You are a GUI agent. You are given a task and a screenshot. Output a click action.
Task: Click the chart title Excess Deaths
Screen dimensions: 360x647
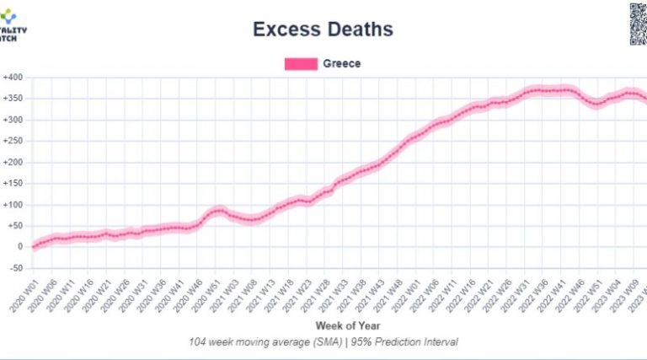click(x=323, y=30)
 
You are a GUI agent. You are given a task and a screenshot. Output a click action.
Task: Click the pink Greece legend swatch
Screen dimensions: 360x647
click(x=301, y=63)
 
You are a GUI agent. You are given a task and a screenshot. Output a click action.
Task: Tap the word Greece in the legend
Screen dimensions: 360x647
click(x=341, y=63)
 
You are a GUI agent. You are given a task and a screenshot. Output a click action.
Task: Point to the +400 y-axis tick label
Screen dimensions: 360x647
click(x=11, y=78)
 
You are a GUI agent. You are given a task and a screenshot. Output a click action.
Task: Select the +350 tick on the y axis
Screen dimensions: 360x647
click(x=11, y=99)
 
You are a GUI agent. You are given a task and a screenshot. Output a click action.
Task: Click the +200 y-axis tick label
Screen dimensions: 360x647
click(x=11, y=162)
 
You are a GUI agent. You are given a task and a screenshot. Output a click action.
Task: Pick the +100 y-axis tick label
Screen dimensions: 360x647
click(x=11, y=204)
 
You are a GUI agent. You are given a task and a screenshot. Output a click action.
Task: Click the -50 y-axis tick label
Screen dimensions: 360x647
click(x=13, y=267)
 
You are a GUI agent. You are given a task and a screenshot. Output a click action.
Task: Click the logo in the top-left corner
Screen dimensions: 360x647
click(x=13, y=25)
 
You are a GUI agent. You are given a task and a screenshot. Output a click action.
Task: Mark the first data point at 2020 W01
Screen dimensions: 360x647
click(x=35, y=246)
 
